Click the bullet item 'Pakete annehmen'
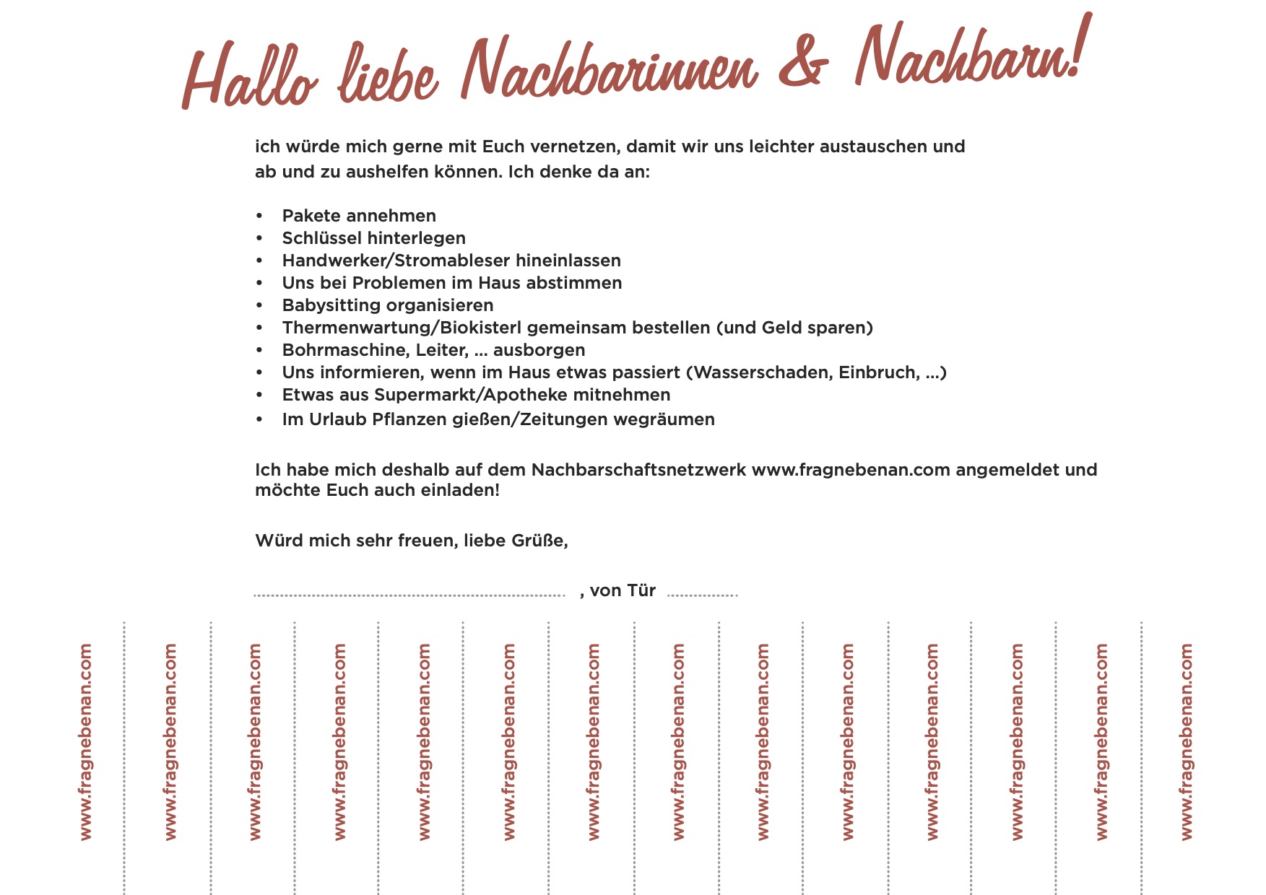pos(359,216)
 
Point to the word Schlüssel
pos(323,238)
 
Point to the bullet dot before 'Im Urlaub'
pos(259,420)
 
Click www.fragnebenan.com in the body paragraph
pos(850,470)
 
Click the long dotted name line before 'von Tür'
pos(409,595)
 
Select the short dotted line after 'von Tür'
pos(702,595)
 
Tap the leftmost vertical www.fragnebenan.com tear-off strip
pos(85,742)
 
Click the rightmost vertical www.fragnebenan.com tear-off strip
pos(1186,742)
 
